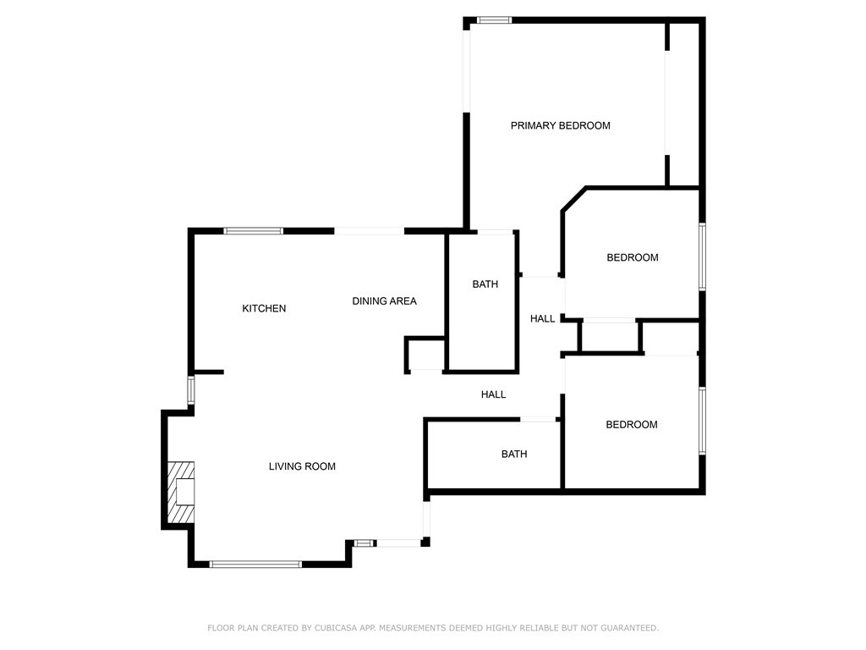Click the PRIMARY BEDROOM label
(x=560, y=125)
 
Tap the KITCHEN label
(x=264, y=308)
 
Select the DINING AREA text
(x=385, y=301)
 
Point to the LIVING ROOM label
(x=302, y=466)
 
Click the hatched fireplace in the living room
(x=181, y=492)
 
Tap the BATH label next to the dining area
(x=485, y=284)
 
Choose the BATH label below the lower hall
(x=514, y=454)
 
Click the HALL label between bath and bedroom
(x=542, y=319)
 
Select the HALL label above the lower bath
(x=493, y=394)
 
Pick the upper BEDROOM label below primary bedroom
(x=633, y=257)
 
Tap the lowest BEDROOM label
(x=631, y=425)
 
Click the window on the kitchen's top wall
(x=254, y=231)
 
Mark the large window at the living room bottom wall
(x=255, y=565)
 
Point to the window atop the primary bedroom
(x=494, y=20)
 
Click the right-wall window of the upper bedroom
(x=703, y=256)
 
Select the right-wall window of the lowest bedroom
(x=703, y=421)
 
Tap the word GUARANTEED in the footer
(x=629, y=628)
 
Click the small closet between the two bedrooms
(x=610, y=336)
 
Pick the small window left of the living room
(x=190, y=390)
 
